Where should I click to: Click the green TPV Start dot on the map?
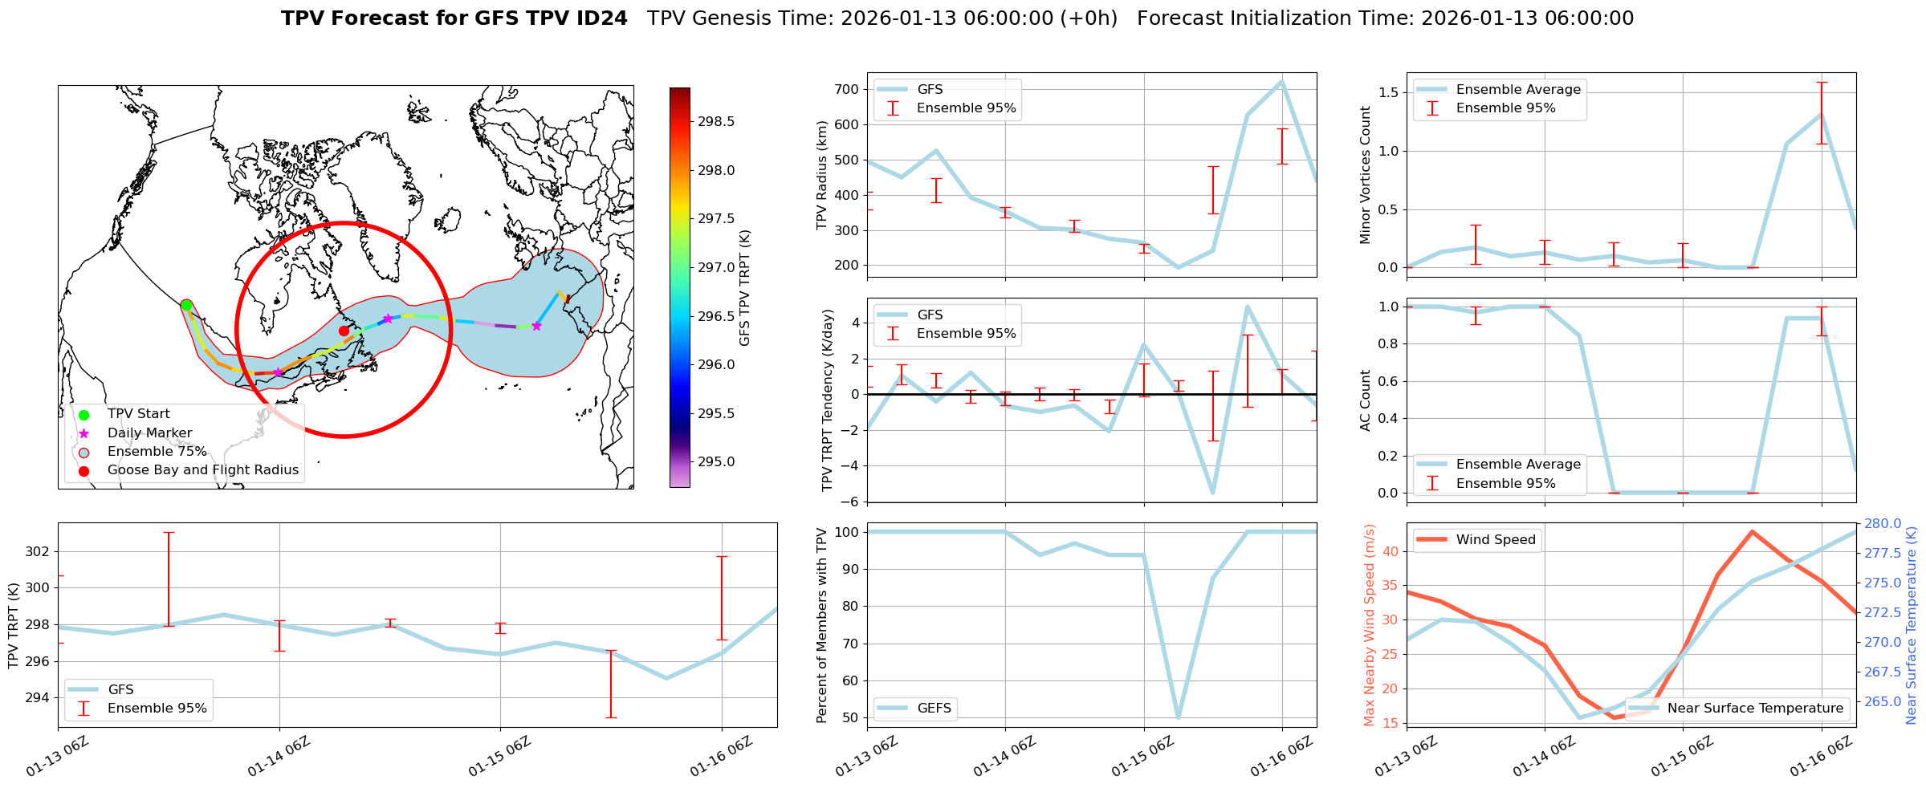[x=186, y=305]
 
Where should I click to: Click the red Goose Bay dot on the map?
[x=344, y=331]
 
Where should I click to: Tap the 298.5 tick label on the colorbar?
[x=715, y=122]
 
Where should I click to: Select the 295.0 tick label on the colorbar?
[x=715, y=462]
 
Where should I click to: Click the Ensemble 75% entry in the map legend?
[x=157, y=452]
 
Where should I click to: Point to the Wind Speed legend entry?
[x=1495, y=540]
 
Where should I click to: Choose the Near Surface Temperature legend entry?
[x=1754, y=709]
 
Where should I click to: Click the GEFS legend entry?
[x=934, y=709]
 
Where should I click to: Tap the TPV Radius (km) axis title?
[x=821, y=175]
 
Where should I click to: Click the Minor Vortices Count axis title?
[x=1365, y=175]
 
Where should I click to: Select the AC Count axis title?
[x=1365, y=400]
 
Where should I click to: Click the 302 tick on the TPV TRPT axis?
[x=38, y=552]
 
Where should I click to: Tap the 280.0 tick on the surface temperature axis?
[x=1883, y=524]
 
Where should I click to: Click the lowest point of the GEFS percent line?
[x=1178, y=717]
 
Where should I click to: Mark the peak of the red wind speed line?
[x=1752, y=531]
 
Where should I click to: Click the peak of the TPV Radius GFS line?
[x=1281, y=80]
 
